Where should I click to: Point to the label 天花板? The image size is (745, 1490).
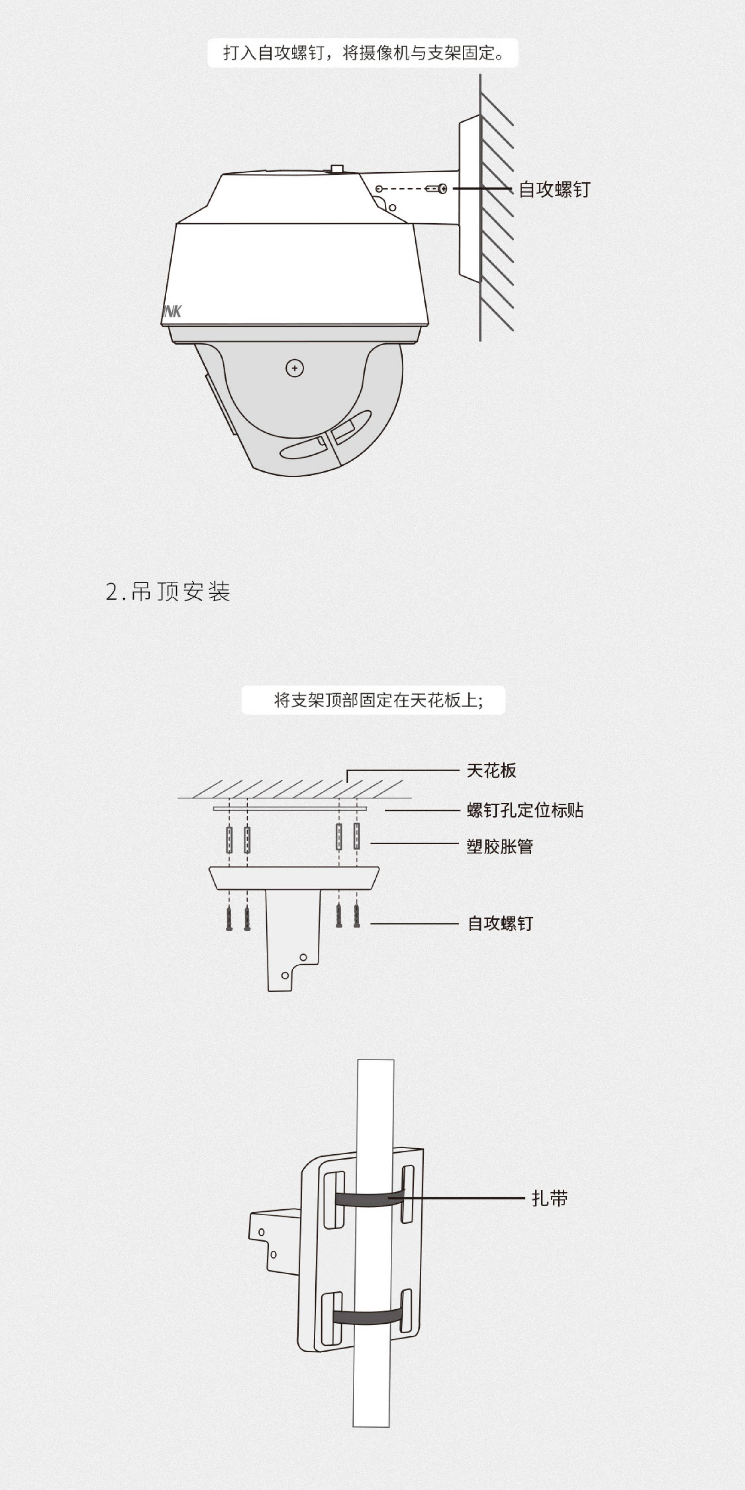(x=491, y=771)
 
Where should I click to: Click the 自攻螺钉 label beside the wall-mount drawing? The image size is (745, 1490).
(x=554, y=189)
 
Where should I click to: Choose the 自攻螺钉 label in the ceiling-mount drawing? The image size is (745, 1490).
(x=500, y=923)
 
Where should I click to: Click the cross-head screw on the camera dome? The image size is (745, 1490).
(x=295, y=368)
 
